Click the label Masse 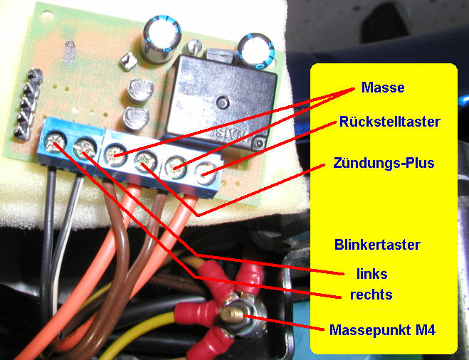[x=383, y=88]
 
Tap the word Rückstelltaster [x=390, y=122]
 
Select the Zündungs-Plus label [x=384, y=163]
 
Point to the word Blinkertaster [x=377, y=245]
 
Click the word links [x=372, y=274]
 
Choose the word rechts [x=371, y=295]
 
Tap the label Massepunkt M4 [x=383, y=330]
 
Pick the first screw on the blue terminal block [x=56, y=142]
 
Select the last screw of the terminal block [x=206, y=173]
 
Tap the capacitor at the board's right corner [x=256, y=49]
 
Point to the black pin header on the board [x=29, y=104]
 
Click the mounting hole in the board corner [x=47, y=14]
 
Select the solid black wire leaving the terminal [x=48, y=239]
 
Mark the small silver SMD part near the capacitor [x=129, y=60]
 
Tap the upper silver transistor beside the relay [x=140, y=90]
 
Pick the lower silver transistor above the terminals [x=135, y=118]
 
